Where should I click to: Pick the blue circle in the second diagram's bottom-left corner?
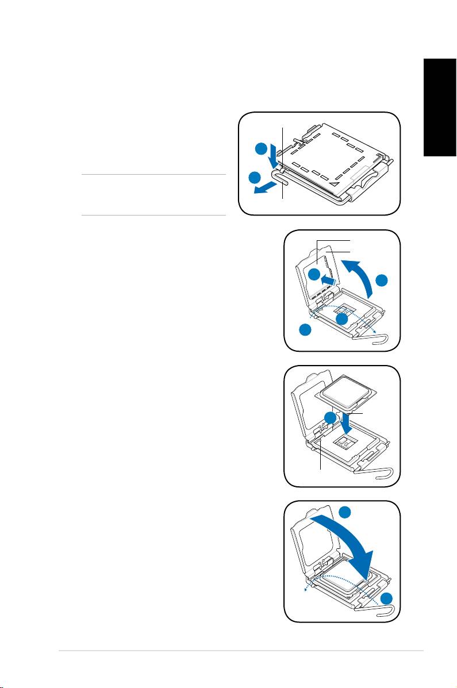305,330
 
